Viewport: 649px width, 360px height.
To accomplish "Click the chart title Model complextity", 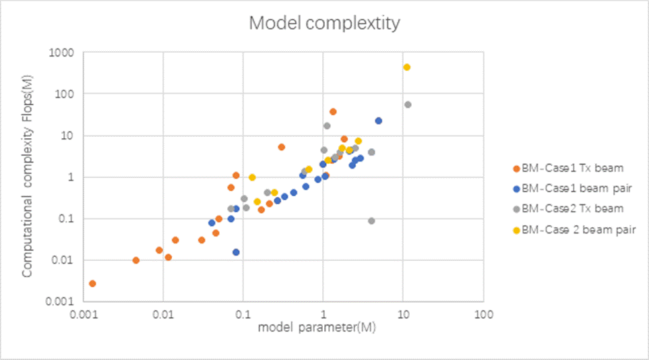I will (x=324, y=24).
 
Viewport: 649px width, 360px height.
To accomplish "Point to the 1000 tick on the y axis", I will (x=63, y=52).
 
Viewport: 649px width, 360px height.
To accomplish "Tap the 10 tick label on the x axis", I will (x=403, y=315).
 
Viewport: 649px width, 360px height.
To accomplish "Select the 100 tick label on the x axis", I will (x=483, y=315).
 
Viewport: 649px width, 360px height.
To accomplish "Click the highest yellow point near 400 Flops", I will (x=406, y=67).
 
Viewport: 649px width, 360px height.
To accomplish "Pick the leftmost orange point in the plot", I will (x=92, y=283).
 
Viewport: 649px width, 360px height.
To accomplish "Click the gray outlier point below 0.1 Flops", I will (x=371, y=220).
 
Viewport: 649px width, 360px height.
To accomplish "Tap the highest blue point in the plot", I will (x=379, y=121).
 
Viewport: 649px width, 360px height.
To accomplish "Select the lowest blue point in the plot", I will (x=236, y=252).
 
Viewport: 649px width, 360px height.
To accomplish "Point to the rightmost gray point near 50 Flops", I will (x=408, y=104).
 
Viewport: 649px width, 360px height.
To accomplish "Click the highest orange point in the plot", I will (x=333, y=111).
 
